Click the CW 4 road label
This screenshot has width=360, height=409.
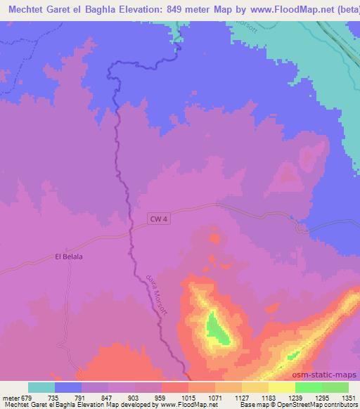tap(159, 220)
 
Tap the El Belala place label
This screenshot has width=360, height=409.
tap(69, 257)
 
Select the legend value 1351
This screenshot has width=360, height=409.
tap(349, 397)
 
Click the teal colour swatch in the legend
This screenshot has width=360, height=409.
tap(41, 387)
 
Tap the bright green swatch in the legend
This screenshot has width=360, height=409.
tap(308, 387)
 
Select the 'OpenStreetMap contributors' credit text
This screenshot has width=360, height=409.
tap(319, 405)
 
